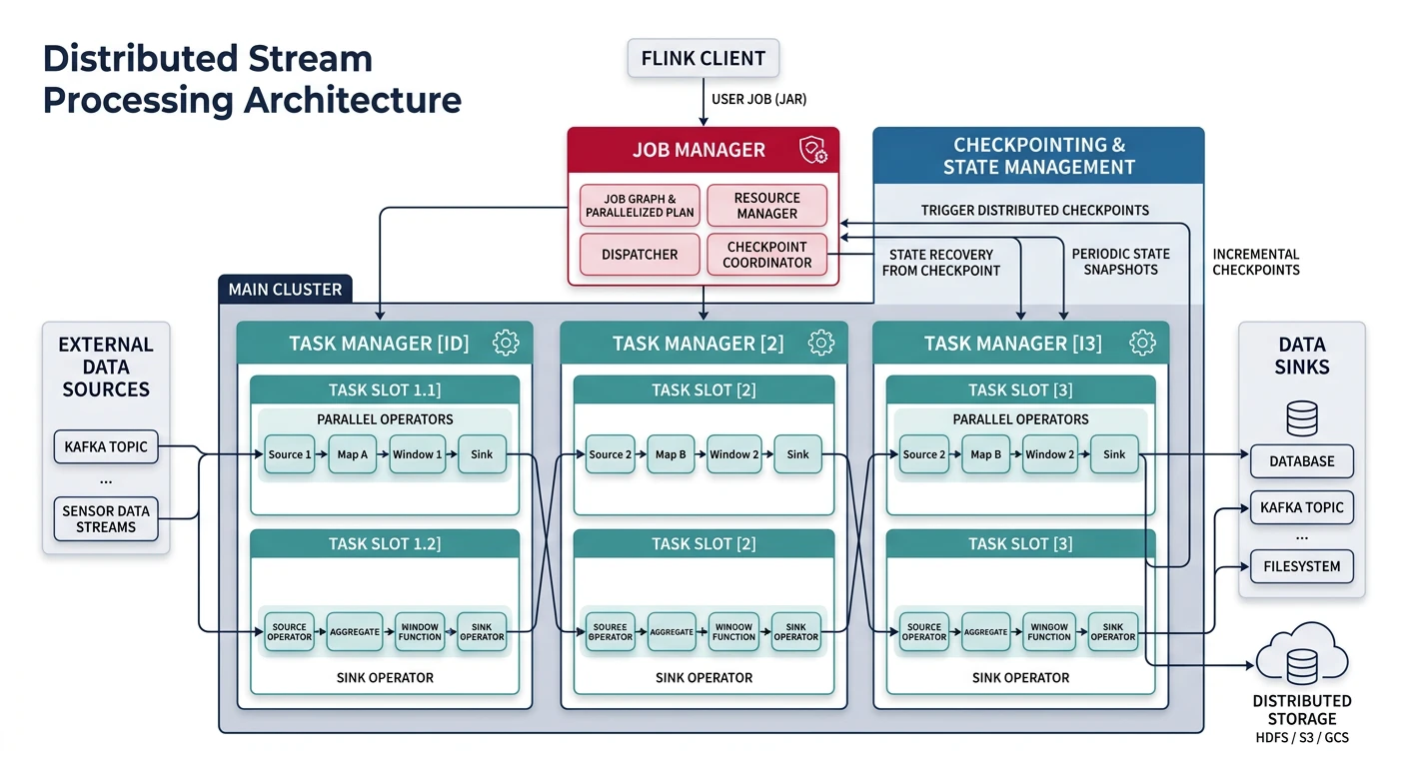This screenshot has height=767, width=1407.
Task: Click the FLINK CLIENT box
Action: click(x=703, y=59)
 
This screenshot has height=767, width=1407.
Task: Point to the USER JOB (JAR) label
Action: click(x=757, y=99)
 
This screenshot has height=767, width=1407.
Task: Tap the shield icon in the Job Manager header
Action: click(x=812, y=151)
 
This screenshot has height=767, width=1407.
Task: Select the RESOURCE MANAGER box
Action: click(x=766, y=206)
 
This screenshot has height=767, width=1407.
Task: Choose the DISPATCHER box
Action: click(x=640, y=255)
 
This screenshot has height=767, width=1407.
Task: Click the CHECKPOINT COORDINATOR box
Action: click(x=766, y=255)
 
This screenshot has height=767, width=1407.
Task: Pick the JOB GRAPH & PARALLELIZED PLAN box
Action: click(x=640, y=206)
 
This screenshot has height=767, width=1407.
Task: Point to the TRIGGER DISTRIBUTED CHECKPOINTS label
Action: click(x=1034, y=211)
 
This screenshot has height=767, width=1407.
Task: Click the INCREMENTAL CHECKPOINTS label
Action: click(x=1255, y=262)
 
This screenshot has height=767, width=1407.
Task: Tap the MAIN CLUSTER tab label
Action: click(x=285, y=290)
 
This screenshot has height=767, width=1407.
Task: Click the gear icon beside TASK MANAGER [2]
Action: click(x=821, y=343)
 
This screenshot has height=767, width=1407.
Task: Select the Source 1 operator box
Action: click(x=290, y=454)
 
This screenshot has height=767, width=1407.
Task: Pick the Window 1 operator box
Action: click(x=417, y=454)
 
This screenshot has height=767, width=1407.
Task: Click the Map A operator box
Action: click(x=352, y=454)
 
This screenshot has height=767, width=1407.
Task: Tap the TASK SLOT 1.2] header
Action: click(x=384, y=544)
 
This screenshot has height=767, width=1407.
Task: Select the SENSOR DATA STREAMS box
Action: click(x=105, y=518)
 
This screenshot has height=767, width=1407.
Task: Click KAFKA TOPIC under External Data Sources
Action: click(x=105, y=446)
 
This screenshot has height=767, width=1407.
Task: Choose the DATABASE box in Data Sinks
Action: click(x=1301, y=461)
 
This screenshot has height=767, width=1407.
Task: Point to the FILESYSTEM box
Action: click(x=1301, y=566)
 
